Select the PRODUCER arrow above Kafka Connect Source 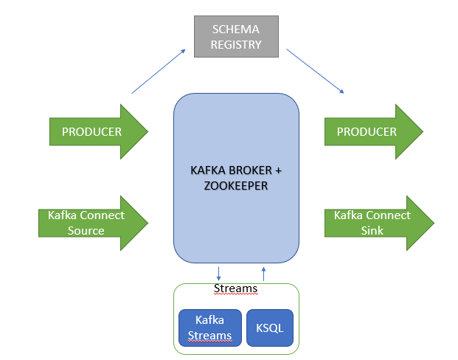[x=92, y=132]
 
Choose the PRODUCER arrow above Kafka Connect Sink [x=367, y=132]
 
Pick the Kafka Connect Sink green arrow [x=372, y=223]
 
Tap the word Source [x=87, y=230]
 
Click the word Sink [x=372, y=230]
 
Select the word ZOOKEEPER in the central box [x=236, y=186]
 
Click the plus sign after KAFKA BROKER [x=279, y=171]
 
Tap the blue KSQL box [x=269, y=328]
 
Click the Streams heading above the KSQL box [x=235, y=288]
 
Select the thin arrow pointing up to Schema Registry [x=158, y=71]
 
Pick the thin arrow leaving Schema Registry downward [x=316, y=71]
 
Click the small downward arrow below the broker [x=218, y=271]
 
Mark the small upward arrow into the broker [x=263, y=271]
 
